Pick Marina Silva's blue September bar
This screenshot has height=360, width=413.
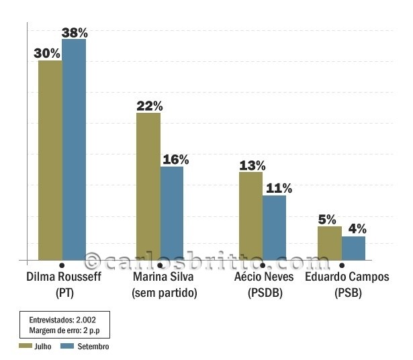(172, 212)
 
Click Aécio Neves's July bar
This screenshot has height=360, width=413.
(250, 216)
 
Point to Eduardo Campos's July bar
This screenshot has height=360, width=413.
(329, 242)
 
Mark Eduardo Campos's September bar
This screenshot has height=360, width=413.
(353, 248)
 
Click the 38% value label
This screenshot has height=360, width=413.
(75, 32)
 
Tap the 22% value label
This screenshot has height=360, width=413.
(149, 105)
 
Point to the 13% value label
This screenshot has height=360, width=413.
(252, 165)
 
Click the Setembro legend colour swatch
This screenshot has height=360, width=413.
(66, 346)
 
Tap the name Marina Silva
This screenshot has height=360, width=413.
(163, 277)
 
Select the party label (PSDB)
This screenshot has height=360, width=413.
(265, 293)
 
